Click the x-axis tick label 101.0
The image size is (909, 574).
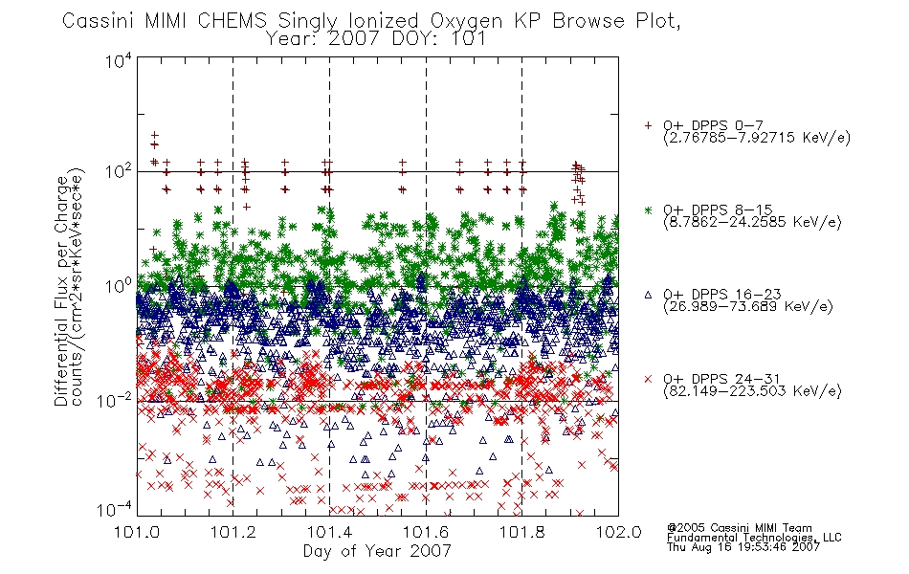point(137,532)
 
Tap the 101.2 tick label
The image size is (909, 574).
point(233,532)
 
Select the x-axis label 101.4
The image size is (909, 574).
point(329,532)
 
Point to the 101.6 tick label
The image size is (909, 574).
point(426,532)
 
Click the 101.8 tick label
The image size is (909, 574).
point(521,532)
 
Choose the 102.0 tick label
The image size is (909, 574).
point(618,532)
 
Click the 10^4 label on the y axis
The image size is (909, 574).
point(119,60)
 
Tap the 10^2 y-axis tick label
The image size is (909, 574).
point(119,171)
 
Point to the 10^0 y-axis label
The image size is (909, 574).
point(119,286)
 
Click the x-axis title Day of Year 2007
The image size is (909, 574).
point(377,551)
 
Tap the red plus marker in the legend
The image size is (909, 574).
point(648,125)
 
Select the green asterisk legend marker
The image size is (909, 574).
point(648,210)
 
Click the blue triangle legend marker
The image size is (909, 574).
point(648,295)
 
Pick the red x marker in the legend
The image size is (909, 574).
point(648,379)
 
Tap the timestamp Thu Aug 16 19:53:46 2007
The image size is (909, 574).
point(743,547)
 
